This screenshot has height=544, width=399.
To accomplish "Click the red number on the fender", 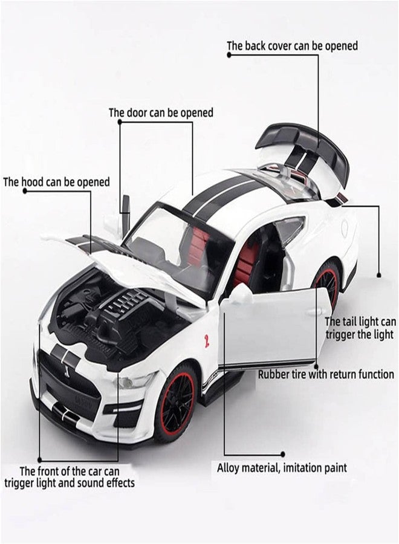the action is (x=207, y=341).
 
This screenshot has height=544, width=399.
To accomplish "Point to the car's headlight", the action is (x=134, y=381).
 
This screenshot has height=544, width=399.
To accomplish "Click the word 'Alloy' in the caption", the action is (x=228, y=468).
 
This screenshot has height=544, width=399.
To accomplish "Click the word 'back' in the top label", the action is (x=258, y=46).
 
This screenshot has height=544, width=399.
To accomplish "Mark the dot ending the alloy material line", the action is (x=283, y=454).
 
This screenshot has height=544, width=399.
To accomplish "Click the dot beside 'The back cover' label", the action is (x=229, y=55).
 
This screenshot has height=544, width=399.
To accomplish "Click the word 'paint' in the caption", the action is (x=334, y=468).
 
